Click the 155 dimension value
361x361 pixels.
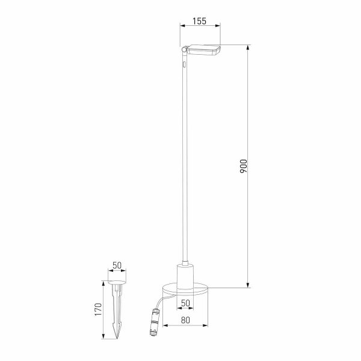(199, 21)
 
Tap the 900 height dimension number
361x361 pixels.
(243, 167)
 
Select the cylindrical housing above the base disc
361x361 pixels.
(185, 276)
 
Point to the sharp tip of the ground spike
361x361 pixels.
(117, 337)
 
